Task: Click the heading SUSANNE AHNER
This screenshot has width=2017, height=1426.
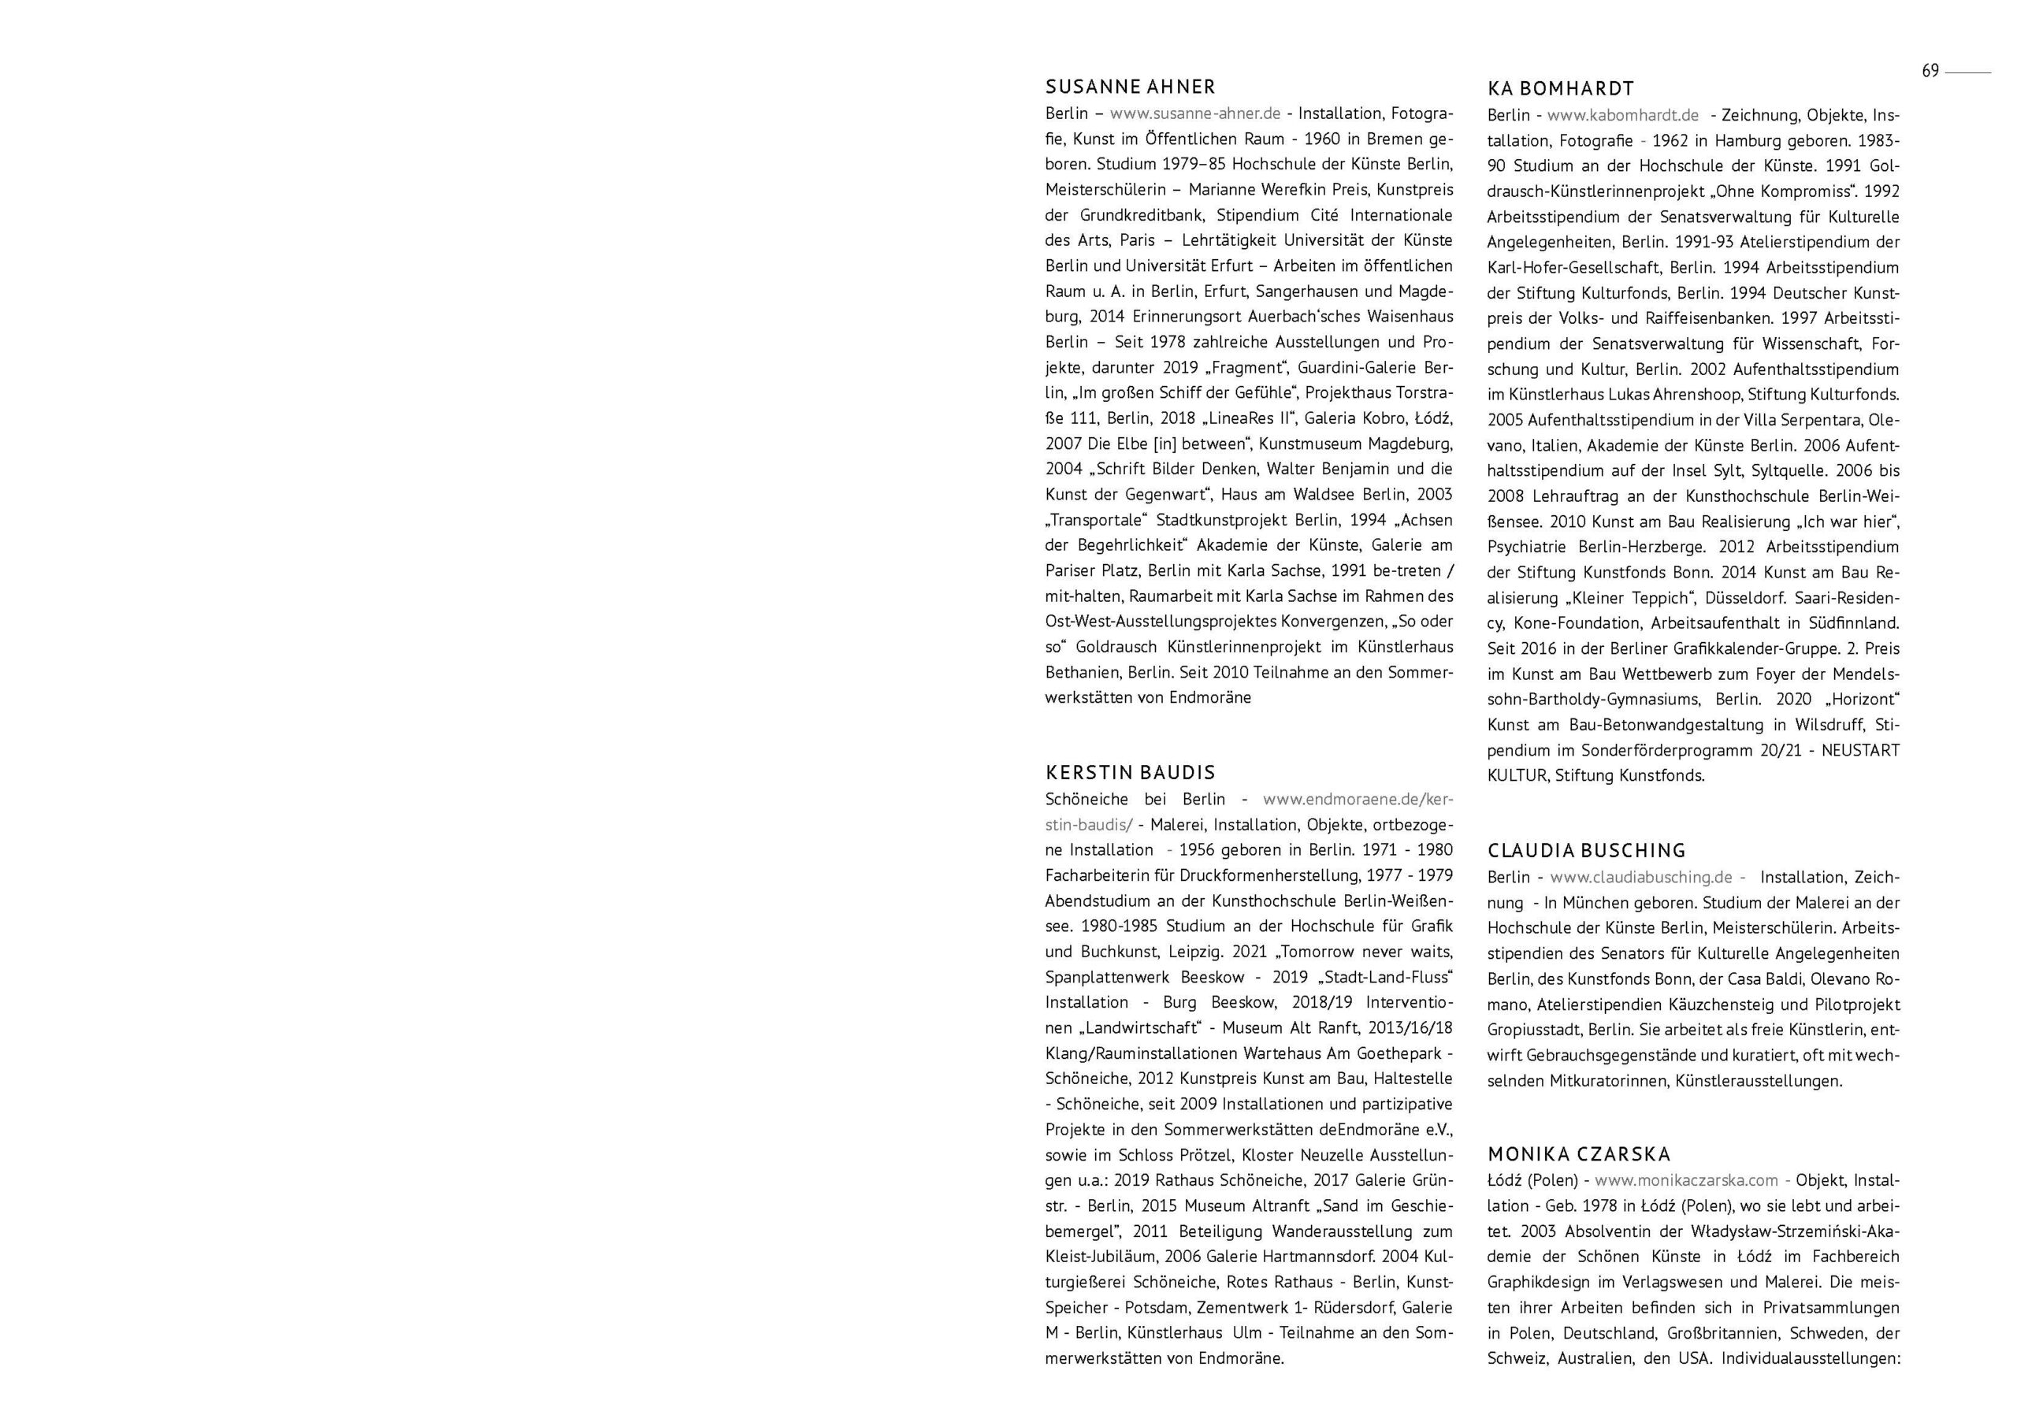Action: [x=1131, y=87]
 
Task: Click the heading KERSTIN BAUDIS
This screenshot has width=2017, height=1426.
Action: [x=1130, y=772]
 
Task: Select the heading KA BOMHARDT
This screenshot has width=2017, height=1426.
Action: [x=1561, y=89]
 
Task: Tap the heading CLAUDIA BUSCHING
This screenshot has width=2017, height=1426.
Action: [x=1587, y=851]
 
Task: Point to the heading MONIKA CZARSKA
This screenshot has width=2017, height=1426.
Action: [x=1579, y=1153]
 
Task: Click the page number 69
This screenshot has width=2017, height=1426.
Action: [x=1930, y=71]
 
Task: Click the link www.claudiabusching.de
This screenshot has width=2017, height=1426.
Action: [x=1641, y=877]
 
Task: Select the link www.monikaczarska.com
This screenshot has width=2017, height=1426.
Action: [x=1686, y=1180]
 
